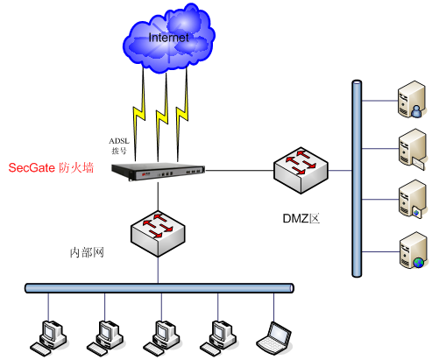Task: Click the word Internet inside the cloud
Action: click(168, 38)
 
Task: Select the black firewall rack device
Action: click(158, 172)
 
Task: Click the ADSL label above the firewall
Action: click(119, 141)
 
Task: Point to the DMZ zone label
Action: click(301, 218)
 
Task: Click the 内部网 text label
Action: click(87, 252)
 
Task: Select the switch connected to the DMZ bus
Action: click(301, 171)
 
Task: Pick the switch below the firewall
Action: click(158, 234)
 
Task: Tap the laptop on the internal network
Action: click(274, 338)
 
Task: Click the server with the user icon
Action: click(412, 100)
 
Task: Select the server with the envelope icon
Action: click(412, 150)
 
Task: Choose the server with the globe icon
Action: click(413, 251)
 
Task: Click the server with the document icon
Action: click(413, 199)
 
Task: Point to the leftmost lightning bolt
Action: click(139, 115)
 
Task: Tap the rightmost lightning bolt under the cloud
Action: click(182, 114)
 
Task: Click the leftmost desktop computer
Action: click(49, 338)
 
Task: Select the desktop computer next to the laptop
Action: click(218, 338)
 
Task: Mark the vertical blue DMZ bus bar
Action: click(357, 179)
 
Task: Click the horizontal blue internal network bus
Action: click(159, 288)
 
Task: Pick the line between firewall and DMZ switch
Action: click(239, 171)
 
